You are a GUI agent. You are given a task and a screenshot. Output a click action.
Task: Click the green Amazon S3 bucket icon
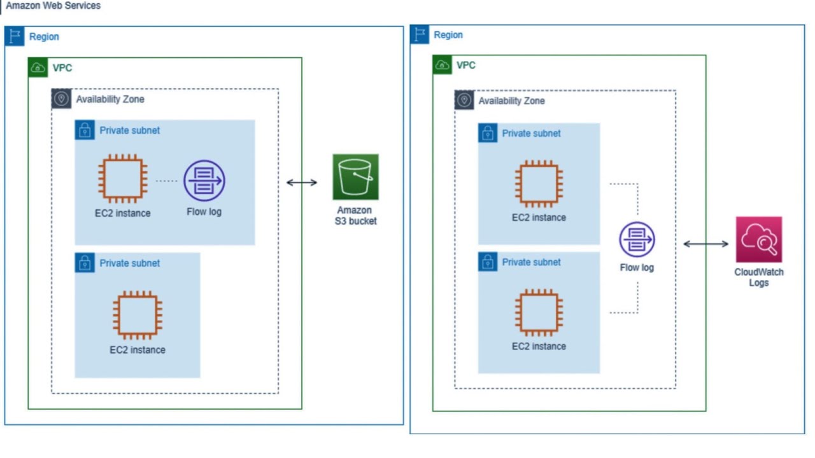pyautogui.click(x=355, y=177)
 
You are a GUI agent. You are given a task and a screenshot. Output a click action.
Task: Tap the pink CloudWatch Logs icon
pyautogui.click(x=758, y=239)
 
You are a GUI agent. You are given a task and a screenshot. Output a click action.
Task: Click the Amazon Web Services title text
pyautogui.click(x=53, y=6)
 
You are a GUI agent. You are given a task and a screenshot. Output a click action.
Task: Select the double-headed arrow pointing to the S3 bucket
pyautogui.click(x=301, y=183)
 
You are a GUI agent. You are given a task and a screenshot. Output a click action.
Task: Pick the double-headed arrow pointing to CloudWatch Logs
pyautogui.click(x=705, y=244)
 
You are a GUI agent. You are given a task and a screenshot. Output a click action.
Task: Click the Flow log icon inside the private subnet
pyautogui.click(x=204, y=181)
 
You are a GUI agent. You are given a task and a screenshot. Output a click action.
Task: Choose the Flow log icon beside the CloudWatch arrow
pyautogui.click(x=637, y=239)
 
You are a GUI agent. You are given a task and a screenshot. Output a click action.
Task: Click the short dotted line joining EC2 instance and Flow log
pyautogui.click(x=167, y=181)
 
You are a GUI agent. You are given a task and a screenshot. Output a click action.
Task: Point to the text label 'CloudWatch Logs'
pyautogui.click(x=758, y=277)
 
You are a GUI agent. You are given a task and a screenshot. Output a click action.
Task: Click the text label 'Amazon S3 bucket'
pyautogui.click(x=355, y=216)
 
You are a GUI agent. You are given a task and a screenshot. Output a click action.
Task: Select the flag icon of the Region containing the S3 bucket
pyautogui.click(x=14, y=36)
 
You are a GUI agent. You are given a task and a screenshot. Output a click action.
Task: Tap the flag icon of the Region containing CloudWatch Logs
pyautogui.click(x=420, y=34)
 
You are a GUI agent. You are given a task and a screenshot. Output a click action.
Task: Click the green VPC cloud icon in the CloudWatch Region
pyautogui.click(x=443, y=65)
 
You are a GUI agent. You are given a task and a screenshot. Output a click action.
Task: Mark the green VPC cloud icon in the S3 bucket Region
pyautogui.click(x=38, y=67)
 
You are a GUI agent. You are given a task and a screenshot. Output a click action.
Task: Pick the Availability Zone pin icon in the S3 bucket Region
pyautogui.click(x=61, y=99)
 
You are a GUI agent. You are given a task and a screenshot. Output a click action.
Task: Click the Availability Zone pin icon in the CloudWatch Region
pyautogui.click(x=464, y=101)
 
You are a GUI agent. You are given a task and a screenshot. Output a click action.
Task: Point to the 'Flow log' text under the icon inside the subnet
pyautogui.click(x=204, y=212)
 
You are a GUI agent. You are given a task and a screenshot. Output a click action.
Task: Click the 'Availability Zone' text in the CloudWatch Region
pyautogui.click(x=511, y=101)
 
